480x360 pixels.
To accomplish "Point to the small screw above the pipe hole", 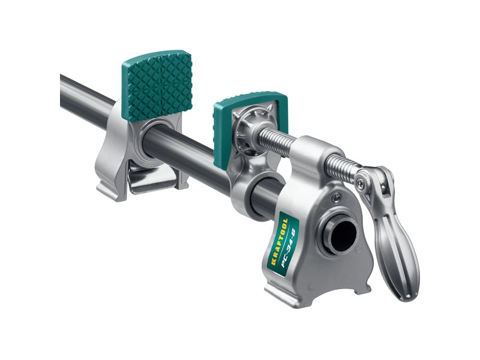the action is point(337,199).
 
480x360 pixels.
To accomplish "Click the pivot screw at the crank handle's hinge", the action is point(361,183).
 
